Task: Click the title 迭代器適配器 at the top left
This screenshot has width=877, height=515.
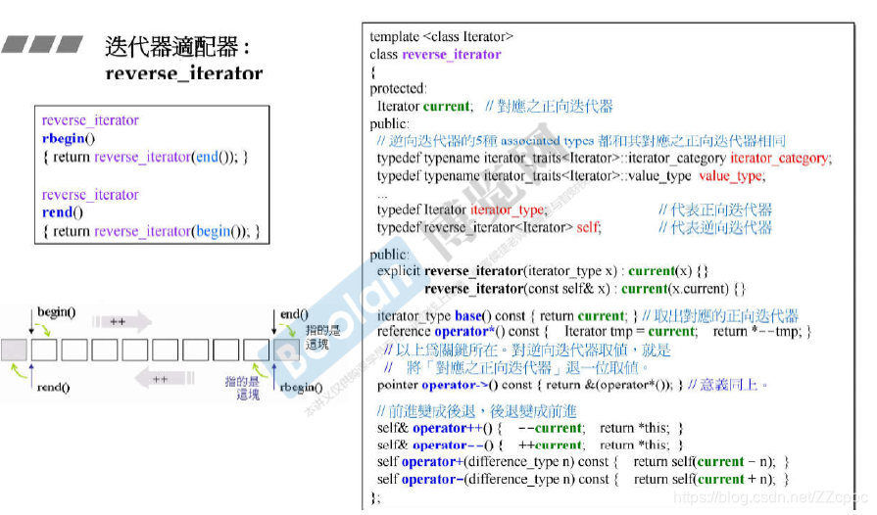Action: click(x=176, y=45)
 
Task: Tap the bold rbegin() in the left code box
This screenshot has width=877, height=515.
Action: click(x=69, y=138)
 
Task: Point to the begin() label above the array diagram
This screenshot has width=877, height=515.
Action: click(x=56, y=313)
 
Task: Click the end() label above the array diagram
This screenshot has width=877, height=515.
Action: click(x=294, y=314)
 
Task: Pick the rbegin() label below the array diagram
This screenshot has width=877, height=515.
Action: click(x=301, y=388)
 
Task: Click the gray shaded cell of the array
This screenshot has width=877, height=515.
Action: click(x=15, y=350)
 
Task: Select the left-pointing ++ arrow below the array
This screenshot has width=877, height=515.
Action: click(x=161, y=379)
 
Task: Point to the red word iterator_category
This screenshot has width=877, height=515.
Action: click(x=780, y=158)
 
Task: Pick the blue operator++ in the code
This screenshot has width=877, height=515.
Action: click(x=440, y=428)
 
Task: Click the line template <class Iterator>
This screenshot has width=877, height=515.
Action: click(x=442, y=36)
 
